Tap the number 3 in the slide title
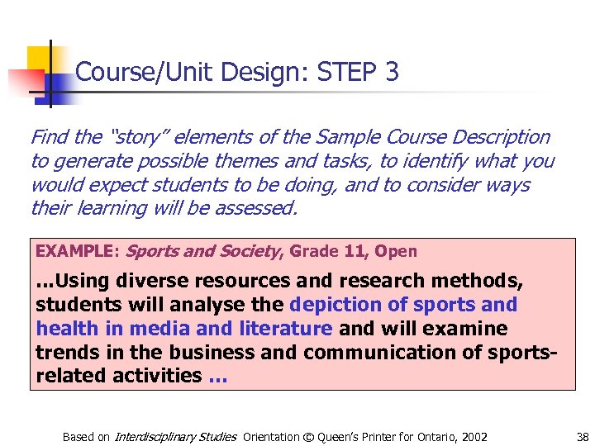point(392,73)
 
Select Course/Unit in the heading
point(125,73)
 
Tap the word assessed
point(255,207)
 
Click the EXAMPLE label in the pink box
point(76,251)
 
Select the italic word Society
point(246,251)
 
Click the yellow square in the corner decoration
point(38,58)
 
